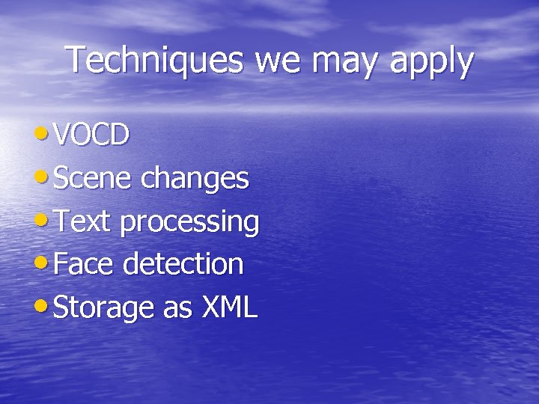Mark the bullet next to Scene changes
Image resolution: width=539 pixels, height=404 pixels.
43,177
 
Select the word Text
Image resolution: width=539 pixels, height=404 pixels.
83,221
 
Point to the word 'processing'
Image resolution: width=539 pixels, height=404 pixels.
189,223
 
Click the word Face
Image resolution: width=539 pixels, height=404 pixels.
82,264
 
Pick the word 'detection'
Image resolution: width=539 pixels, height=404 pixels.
183,264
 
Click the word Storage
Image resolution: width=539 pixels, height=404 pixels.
106,308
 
